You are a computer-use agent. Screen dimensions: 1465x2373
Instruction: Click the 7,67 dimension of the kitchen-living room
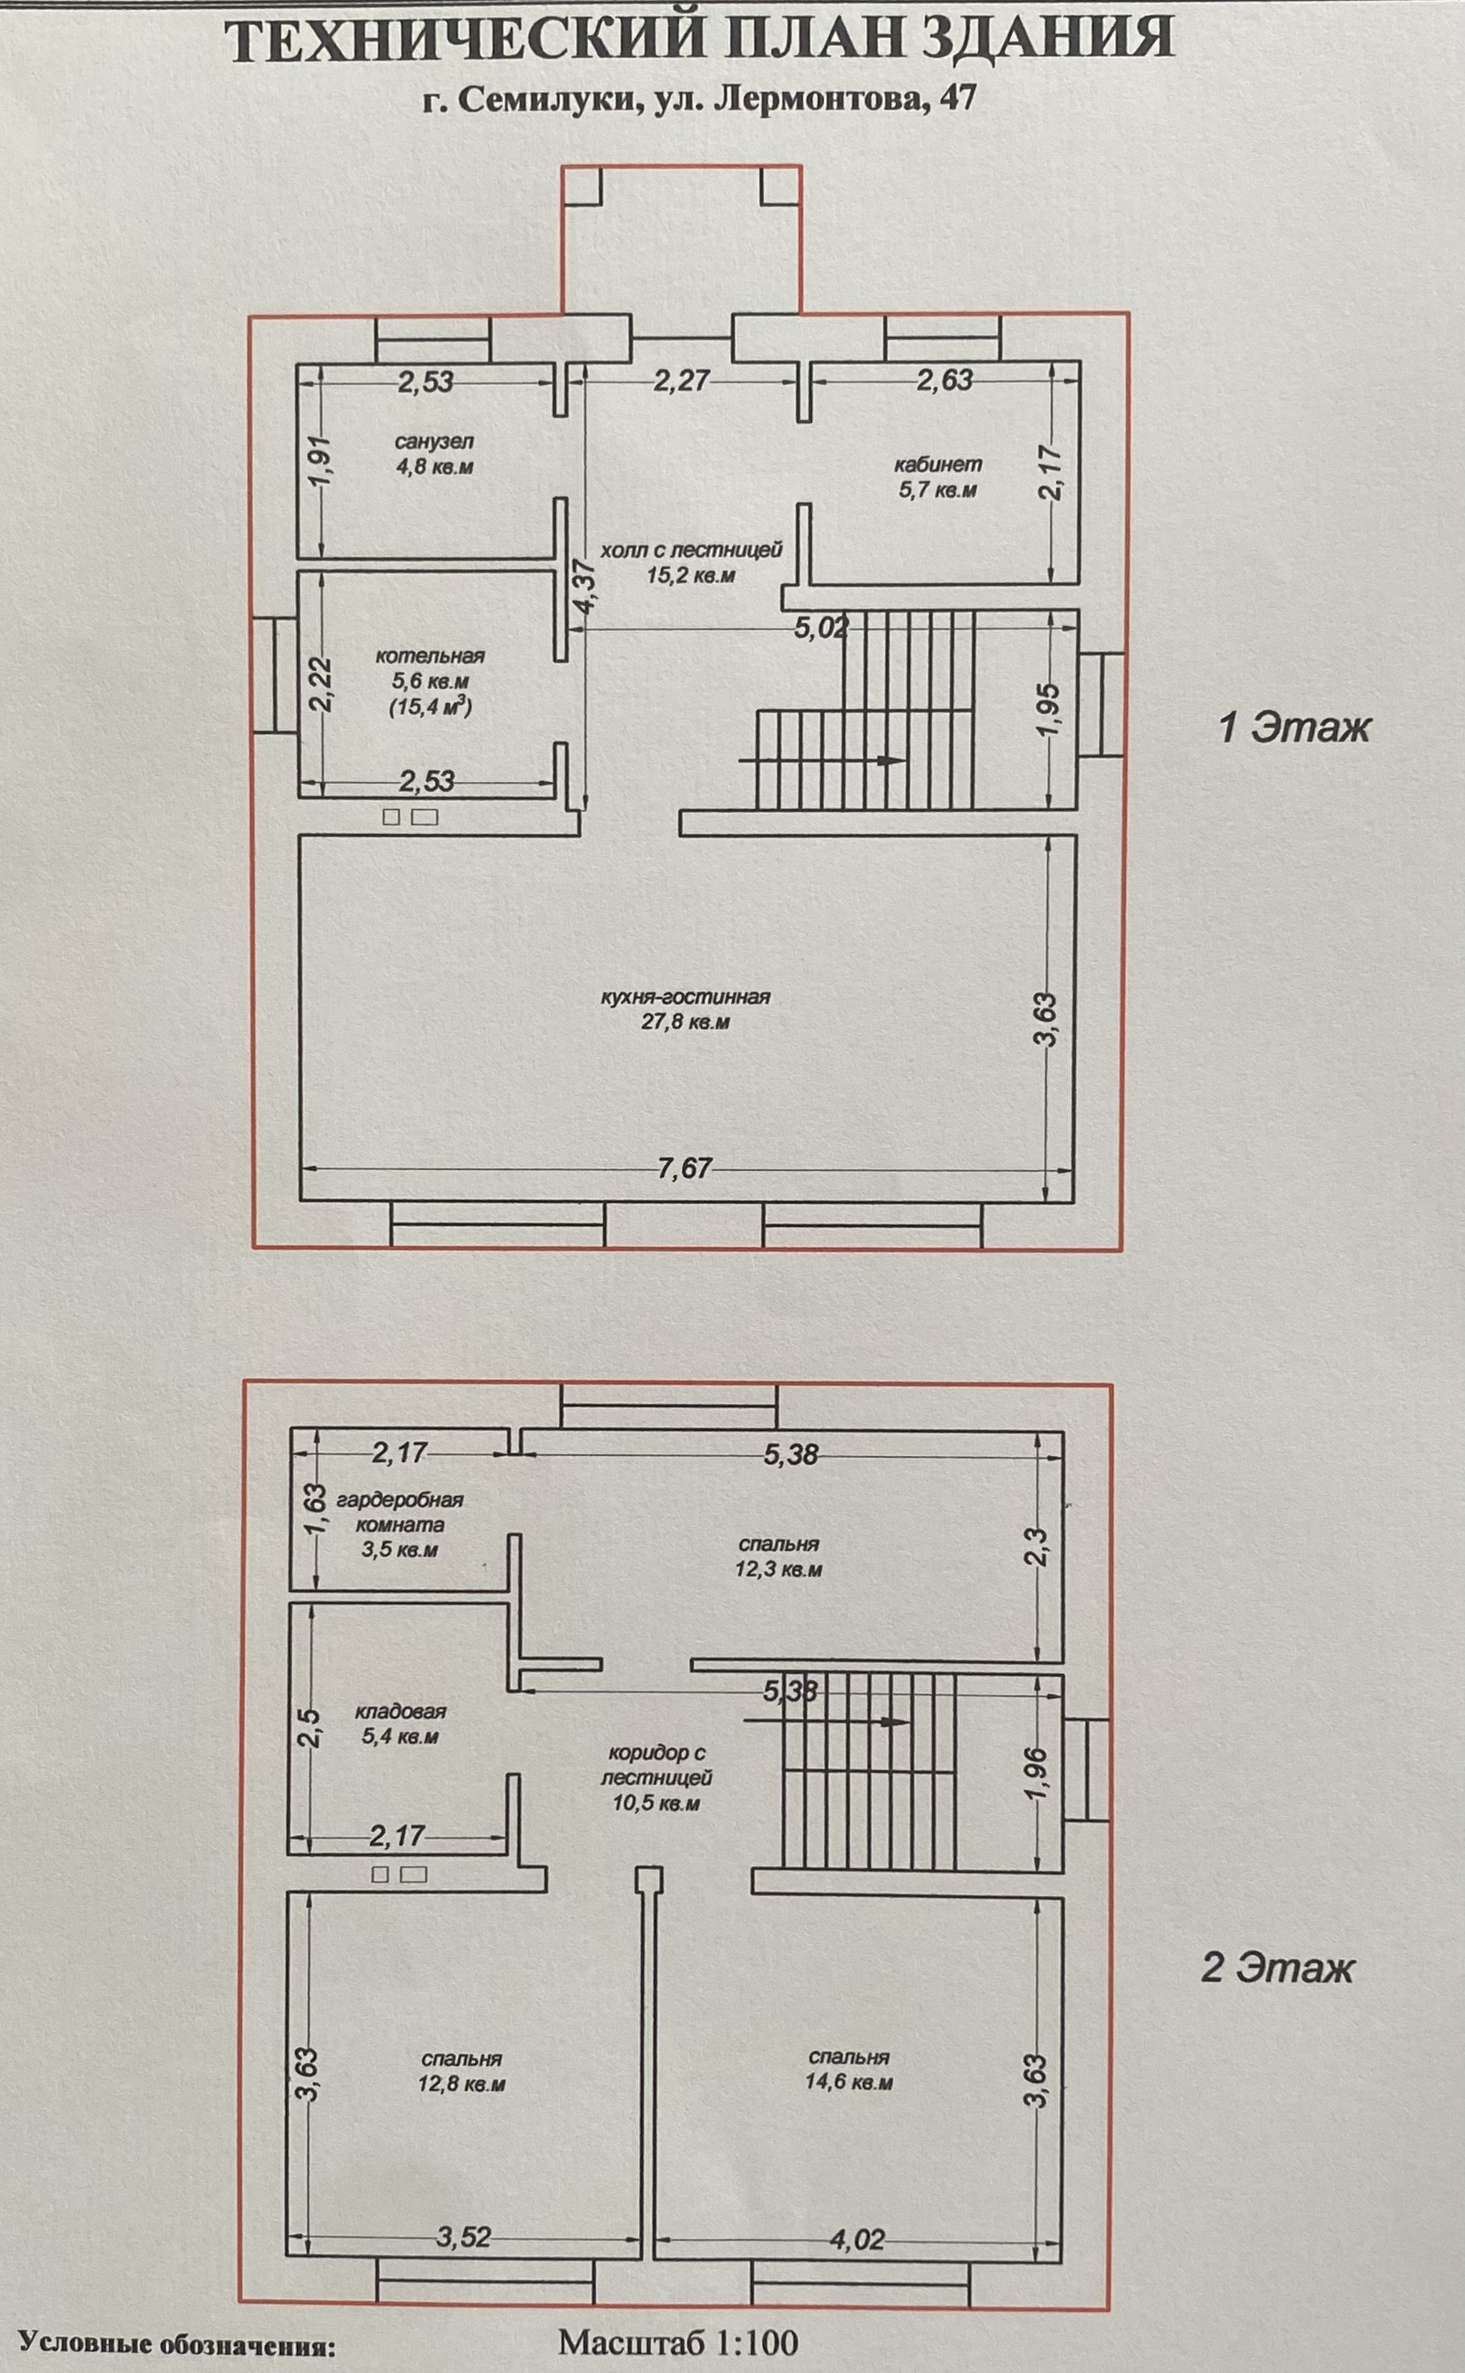point(684,1169)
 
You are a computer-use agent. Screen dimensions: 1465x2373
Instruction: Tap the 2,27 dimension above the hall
point(682,382)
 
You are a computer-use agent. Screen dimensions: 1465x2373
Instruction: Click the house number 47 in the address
point(956,99)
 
